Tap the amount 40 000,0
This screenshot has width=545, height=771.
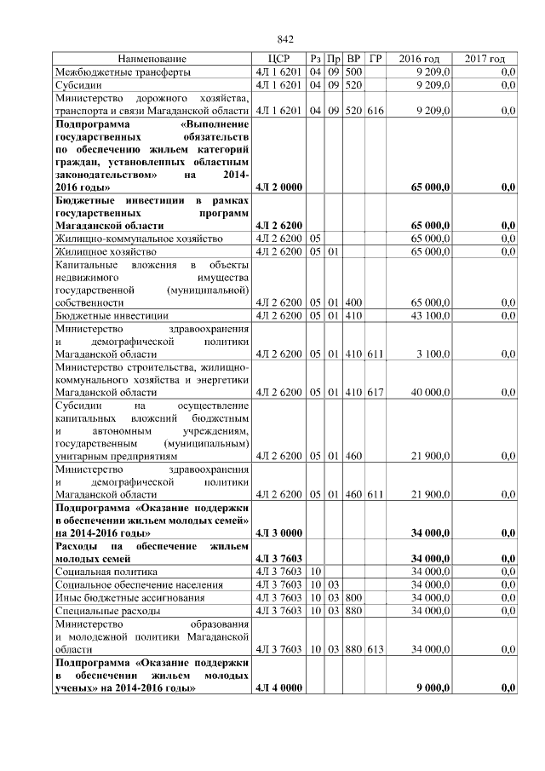point(432,393)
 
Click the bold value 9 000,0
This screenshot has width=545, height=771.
point(434,687)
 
